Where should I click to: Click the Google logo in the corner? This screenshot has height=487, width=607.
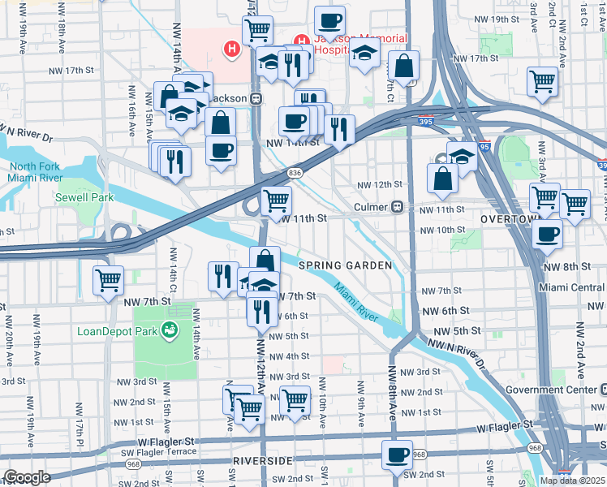[x=27, y=477]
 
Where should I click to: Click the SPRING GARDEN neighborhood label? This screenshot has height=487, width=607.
[x=345, y=265]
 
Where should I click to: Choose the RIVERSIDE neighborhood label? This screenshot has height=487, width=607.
[x=261, y=460]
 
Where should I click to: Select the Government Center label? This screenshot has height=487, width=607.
[x=556, y=389]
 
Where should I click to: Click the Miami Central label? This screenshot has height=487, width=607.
[x=573, y=287]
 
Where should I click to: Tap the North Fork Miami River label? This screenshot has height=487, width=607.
[x=35, y=172]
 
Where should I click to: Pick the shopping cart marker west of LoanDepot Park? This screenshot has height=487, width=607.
[x=108, y=280]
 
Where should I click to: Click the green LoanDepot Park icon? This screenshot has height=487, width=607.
[x=170, y=330]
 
